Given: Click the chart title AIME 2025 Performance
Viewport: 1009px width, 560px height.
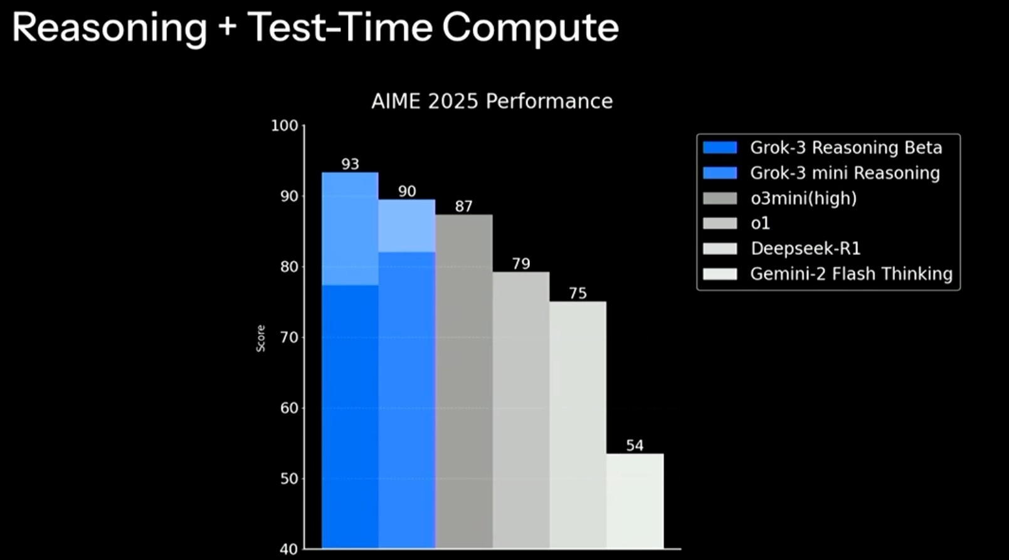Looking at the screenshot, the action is tap(492, 101).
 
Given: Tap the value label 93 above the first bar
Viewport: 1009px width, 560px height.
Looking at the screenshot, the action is tap(350, 164).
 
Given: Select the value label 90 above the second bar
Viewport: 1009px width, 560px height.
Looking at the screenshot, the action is tap(407, 192).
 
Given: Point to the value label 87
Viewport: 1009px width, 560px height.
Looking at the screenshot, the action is tap(463, 207).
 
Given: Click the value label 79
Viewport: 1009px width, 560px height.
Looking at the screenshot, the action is tap(520, 264).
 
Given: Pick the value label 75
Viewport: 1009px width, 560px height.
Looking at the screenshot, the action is tap(578, 293).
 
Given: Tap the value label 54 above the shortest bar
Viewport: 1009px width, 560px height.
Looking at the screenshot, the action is tap(635, 445).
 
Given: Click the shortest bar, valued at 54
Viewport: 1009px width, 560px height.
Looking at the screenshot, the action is tap(635, 501).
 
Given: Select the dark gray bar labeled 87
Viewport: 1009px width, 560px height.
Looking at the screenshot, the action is tap(464, 381).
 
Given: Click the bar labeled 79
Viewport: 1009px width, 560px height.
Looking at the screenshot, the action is tap(520, 410).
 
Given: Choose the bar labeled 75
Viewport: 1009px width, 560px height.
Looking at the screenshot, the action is tap(578, 425).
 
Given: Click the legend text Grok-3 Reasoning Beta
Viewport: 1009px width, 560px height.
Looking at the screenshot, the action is tap(846, 148).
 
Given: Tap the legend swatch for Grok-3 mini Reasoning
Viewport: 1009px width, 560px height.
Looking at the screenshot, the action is tap(720, 173).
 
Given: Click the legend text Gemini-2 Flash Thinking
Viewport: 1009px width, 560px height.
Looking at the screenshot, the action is tap(852, 274).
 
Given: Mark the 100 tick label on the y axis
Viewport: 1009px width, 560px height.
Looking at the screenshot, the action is tap(284, 125).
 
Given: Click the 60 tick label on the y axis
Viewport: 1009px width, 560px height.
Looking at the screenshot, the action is tap(289, 408).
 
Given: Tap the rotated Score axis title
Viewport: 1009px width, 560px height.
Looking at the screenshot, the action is tap(261, 338).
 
